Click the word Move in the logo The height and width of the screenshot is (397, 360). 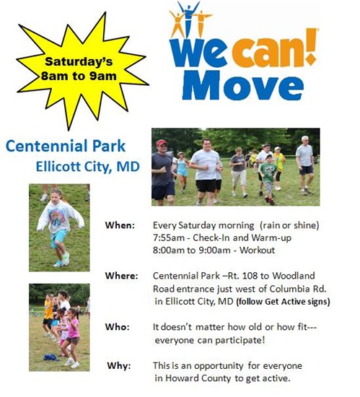tap(243, 86)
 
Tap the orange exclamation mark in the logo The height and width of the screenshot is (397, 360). tap(311, 46)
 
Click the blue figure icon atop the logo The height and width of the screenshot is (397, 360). tap(188, 18)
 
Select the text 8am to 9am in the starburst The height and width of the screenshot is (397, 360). tap(79, 76)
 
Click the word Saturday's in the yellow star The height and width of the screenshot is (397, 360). tap(79, 61)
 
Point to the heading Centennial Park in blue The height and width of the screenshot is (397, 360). tap(66, 146)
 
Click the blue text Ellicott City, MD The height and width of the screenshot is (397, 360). tap(88, 167)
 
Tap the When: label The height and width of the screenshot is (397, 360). tap(120, 225)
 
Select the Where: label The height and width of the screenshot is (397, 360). tap(122, 276)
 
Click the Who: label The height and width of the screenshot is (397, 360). tap(118, 326)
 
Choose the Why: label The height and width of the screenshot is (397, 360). tap(119, 365)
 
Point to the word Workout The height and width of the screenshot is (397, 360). tap(257, 250)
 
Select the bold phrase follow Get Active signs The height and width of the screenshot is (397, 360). tap(283, 302)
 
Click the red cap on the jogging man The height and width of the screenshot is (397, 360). tap(161, 142)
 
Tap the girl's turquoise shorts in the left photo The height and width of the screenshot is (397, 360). tap(59, 238)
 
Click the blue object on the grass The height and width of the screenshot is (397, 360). tap(51, 357)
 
